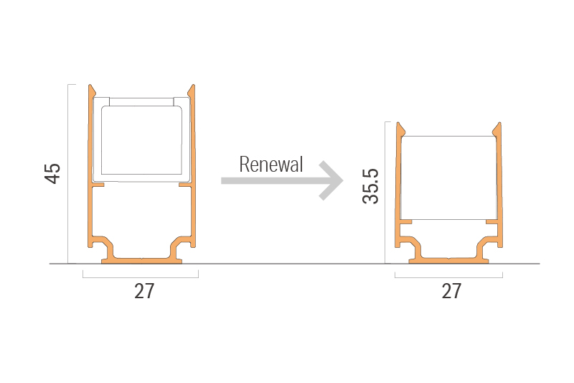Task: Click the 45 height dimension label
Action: click(53, 173)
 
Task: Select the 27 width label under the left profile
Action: click(144, 291)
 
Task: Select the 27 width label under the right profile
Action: click(451, 291)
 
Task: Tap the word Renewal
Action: click(271, 165)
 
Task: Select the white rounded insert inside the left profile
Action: click(141, 139)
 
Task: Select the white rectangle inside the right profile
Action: click(448, 176)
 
